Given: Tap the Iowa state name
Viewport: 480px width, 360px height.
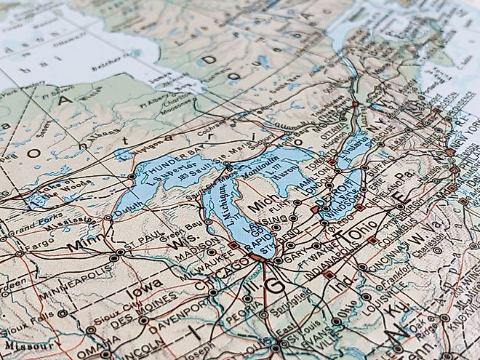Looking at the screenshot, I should pyautogui.click(x=143, y=294).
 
